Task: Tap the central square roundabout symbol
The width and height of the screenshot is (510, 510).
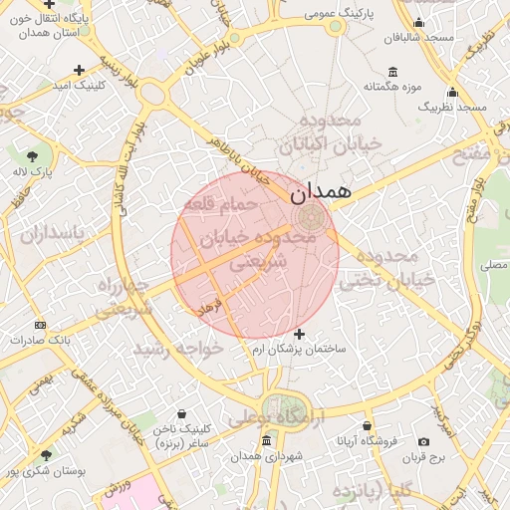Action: click(x=307, y=217)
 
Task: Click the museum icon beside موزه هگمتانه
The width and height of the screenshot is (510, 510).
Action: click(x=392, y=72)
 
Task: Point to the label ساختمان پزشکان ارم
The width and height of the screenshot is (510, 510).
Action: click(x=299, y=349)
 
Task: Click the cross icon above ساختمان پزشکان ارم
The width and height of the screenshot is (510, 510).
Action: click(x=300, y=333)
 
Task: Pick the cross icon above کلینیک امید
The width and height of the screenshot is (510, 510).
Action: click(x=80, y=70)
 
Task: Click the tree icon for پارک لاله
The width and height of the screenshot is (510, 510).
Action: click(x=33, y=155)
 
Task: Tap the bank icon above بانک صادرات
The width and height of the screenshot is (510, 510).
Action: click(x=40, y=325)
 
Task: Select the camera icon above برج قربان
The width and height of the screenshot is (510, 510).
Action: click(x=424, y=441)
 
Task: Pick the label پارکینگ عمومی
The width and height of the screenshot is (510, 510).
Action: click(x=331, y=14)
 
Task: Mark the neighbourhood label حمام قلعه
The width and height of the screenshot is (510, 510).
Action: click(x=220, y=203)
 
